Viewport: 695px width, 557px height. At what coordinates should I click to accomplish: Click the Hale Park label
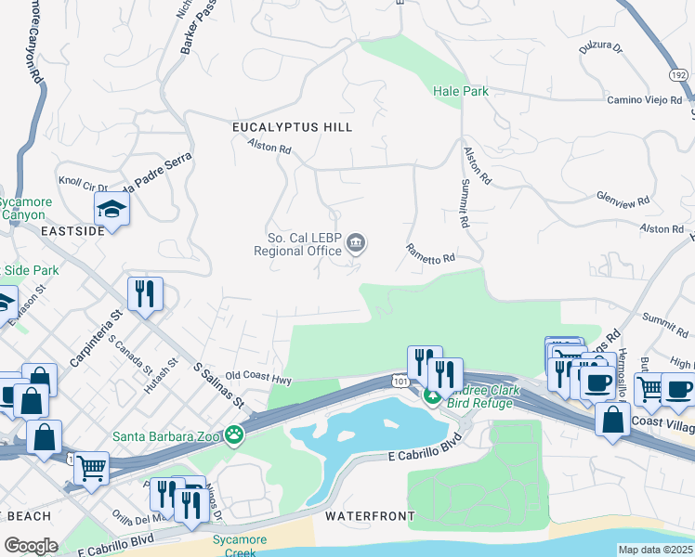point(460,91)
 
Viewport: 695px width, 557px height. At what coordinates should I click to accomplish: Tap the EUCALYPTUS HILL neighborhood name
point(293,126)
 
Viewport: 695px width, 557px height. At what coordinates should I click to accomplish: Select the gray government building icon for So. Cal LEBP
point(355,244)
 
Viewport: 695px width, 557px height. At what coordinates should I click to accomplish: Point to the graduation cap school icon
point(111,209)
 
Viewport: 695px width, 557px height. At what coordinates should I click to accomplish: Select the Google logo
point(31,546)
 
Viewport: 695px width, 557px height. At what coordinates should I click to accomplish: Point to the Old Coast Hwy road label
point(258,378)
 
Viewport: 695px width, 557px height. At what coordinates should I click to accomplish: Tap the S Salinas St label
point(218,385)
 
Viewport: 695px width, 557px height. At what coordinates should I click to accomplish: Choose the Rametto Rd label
point(429,253)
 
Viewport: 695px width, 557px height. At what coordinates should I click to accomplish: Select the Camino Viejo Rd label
point(644,99)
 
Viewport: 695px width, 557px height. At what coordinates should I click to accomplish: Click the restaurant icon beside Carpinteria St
point(145,296)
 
